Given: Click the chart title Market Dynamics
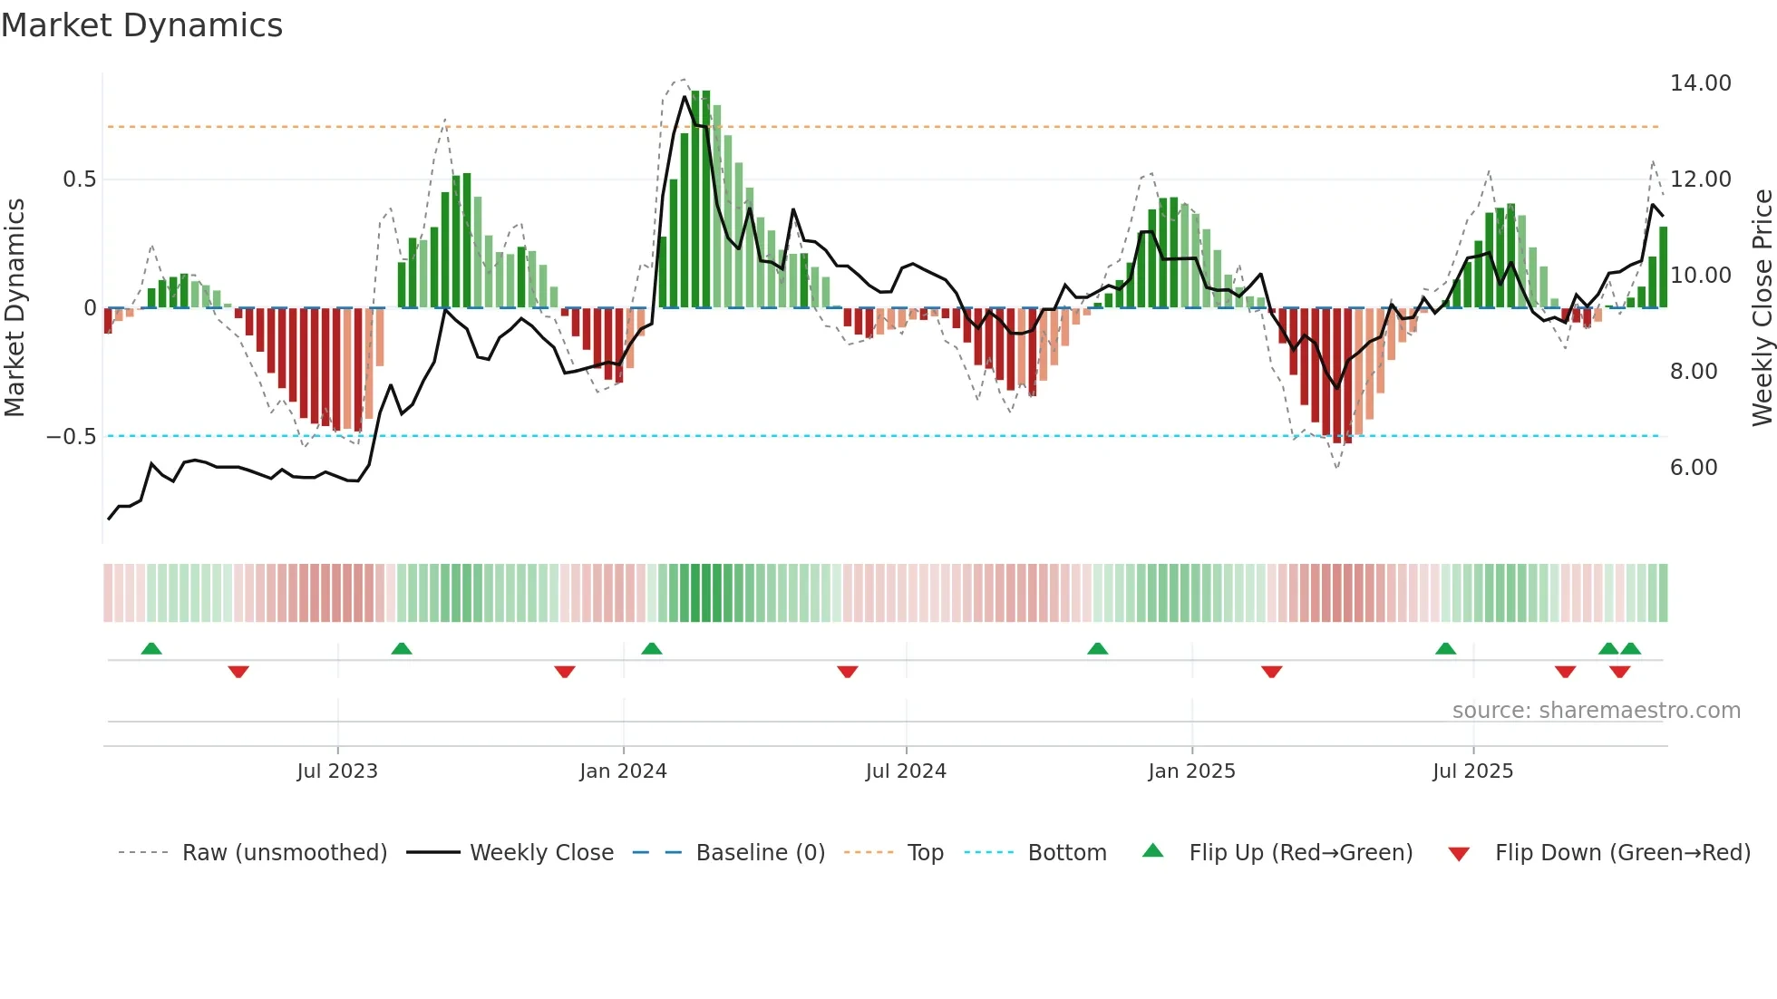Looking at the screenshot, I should pos(141,25).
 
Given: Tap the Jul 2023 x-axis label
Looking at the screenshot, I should pos(337,771).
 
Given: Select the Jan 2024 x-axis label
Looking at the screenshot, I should pos(623,771).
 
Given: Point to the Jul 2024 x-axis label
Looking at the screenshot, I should pos(906,771).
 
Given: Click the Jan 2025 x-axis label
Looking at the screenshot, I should pos(1191,771).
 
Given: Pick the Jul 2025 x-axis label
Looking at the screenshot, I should pos(1472,771).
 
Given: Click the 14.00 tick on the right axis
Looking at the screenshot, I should pos(1700,83).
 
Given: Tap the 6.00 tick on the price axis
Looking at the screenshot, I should pos(1693,468).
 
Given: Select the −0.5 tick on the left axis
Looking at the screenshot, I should pos(72,437).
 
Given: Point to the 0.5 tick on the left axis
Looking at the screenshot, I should pos(79,179).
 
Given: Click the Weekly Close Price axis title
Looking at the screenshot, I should pos(1762,308).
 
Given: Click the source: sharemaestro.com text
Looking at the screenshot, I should pos(1596,711).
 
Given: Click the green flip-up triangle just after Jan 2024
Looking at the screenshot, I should pos(651,648).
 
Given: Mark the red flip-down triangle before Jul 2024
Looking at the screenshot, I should pos(847,672).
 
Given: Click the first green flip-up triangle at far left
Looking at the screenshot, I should pos(151,648).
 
